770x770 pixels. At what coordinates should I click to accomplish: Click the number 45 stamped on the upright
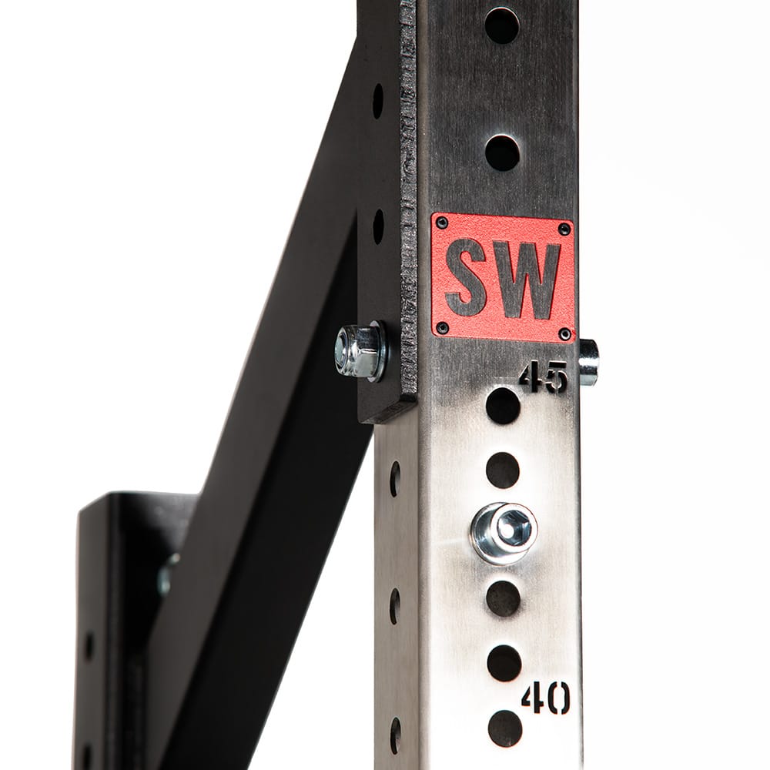pos(543,378)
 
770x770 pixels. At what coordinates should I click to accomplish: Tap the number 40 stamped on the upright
pos(545,699)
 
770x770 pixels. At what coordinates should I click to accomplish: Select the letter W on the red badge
pos(528,278)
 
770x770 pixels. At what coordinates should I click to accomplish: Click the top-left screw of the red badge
pos(442,223)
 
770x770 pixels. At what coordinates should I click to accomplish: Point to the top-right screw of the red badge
pos(565,229)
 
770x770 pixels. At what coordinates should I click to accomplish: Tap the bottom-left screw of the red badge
pos(443,326)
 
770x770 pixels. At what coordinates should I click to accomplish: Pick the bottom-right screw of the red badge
pos(566,334)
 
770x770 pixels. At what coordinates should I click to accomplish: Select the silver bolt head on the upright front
pos(504,532)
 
